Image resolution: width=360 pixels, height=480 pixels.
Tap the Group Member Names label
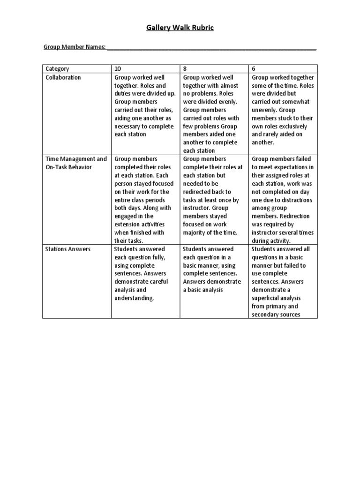(75, 47)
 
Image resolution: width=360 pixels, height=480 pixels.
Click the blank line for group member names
(211, 48)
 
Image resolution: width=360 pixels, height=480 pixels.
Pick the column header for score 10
(118, 69)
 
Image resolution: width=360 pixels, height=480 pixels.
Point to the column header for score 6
(254, 69)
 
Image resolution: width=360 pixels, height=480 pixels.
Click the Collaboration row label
(63, 77)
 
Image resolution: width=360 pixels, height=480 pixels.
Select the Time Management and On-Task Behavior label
(75, 163)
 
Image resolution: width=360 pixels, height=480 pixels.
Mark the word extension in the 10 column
(129, 225)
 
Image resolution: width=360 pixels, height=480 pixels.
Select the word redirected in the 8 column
(199, 192)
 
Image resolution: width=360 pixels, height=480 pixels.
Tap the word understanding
(134, 298)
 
